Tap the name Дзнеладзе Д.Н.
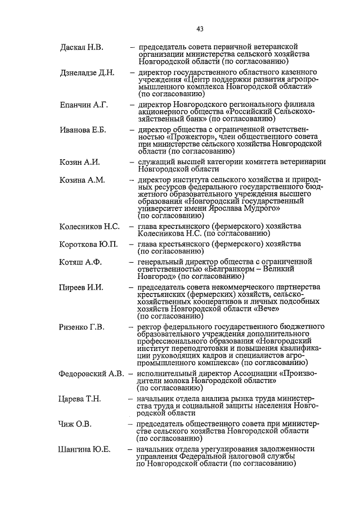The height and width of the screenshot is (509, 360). (x=87, y=73)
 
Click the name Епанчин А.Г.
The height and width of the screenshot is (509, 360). (x=83, y=105)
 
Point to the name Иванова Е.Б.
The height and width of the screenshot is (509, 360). (x=83, y=130)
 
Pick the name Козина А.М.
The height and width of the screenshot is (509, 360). (x=82, y=180)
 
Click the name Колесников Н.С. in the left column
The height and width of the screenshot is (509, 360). (x=89, y=227)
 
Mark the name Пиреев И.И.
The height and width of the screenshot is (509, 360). (x=81, y=287)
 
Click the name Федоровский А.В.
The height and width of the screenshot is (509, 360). (x=91, y=374)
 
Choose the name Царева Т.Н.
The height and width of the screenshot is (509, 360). (x=80, y=399)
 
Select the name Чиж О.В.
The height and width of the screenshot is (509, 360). (x=75, y=423)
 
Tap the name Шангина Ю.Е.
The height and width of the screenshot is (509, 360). (x=84, y=449)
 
